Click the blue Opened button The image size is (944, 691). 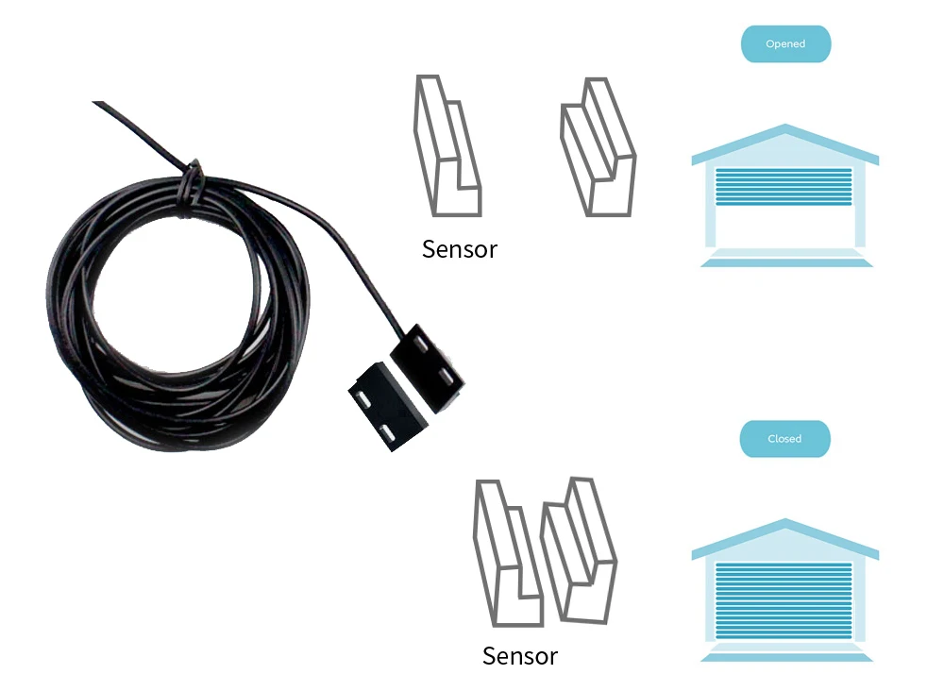point(785,44)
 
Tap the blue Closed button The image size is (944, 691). point(785,439)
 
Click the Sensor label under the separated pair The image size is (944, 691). point(460,249)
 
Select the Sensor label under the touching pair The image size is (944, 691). point(520,656)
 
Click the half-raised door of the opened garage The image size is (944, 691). point(784,186)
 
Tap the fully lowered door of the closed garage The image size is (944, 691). point(784,600)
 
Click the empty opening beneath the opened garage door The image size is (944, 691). point(784,227)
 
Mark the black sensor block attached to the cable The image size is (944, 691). point(428,368)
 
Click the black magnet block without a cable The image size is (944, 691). point(388,406)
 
